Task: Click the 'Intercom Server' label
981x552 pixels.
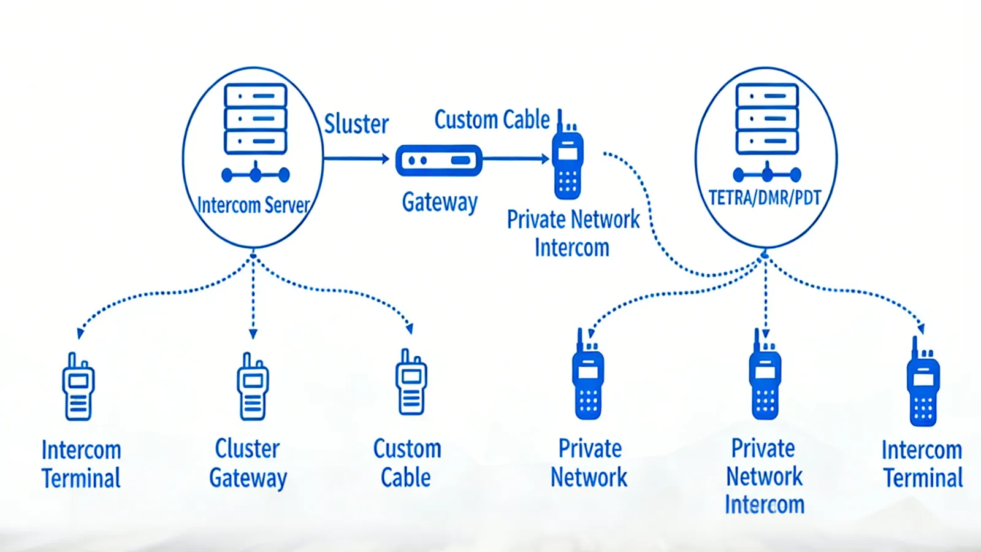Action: [253, 205]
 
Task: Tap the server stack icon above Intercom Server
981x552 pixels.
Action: [256, 119]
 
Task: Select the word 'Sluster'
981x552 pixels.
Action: [356, 124]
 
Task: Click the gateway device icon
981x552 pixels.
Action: [439, 160]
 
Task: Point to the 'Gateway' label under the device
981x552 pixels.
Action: [440, 202]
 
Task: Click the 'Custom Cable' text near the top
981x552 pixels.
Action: [492, 120]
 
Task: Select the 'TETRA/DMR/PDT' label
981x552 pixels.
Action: [765, 198]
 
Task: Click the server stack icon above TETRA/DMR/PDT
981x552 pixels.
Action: [767, 119]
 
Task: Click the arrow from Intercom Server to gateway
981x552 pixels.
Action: [356, 159]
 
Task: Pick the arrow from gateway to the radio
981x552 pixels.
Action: [516, 159]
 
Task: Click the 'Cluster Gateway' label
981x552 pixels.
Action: [248, 463]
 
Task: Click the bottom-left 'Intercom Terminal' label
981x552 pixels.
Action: [81, 464]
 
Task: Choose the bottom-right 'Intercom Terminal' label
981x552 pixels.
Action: [922, 464]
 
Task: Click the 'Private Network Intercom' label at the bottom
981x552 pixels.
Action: [764, 477]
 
